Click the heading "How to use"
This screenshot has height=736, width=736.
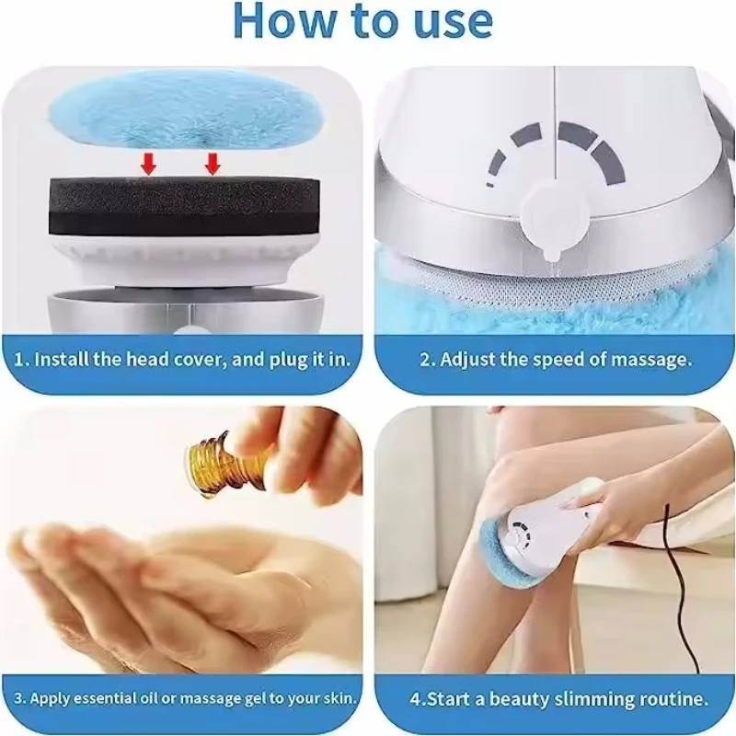pyautogui.click(x=363, y=21)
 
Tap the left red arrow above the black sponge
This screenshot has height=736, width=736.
pyautogui.click(x=149, y=165)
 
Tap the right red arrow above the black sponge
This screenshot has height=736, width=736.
pyautogui.click(x=213, y=165)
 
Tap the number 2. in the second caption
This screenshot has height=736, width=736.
pyautogui.click(x=428, y=361)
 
